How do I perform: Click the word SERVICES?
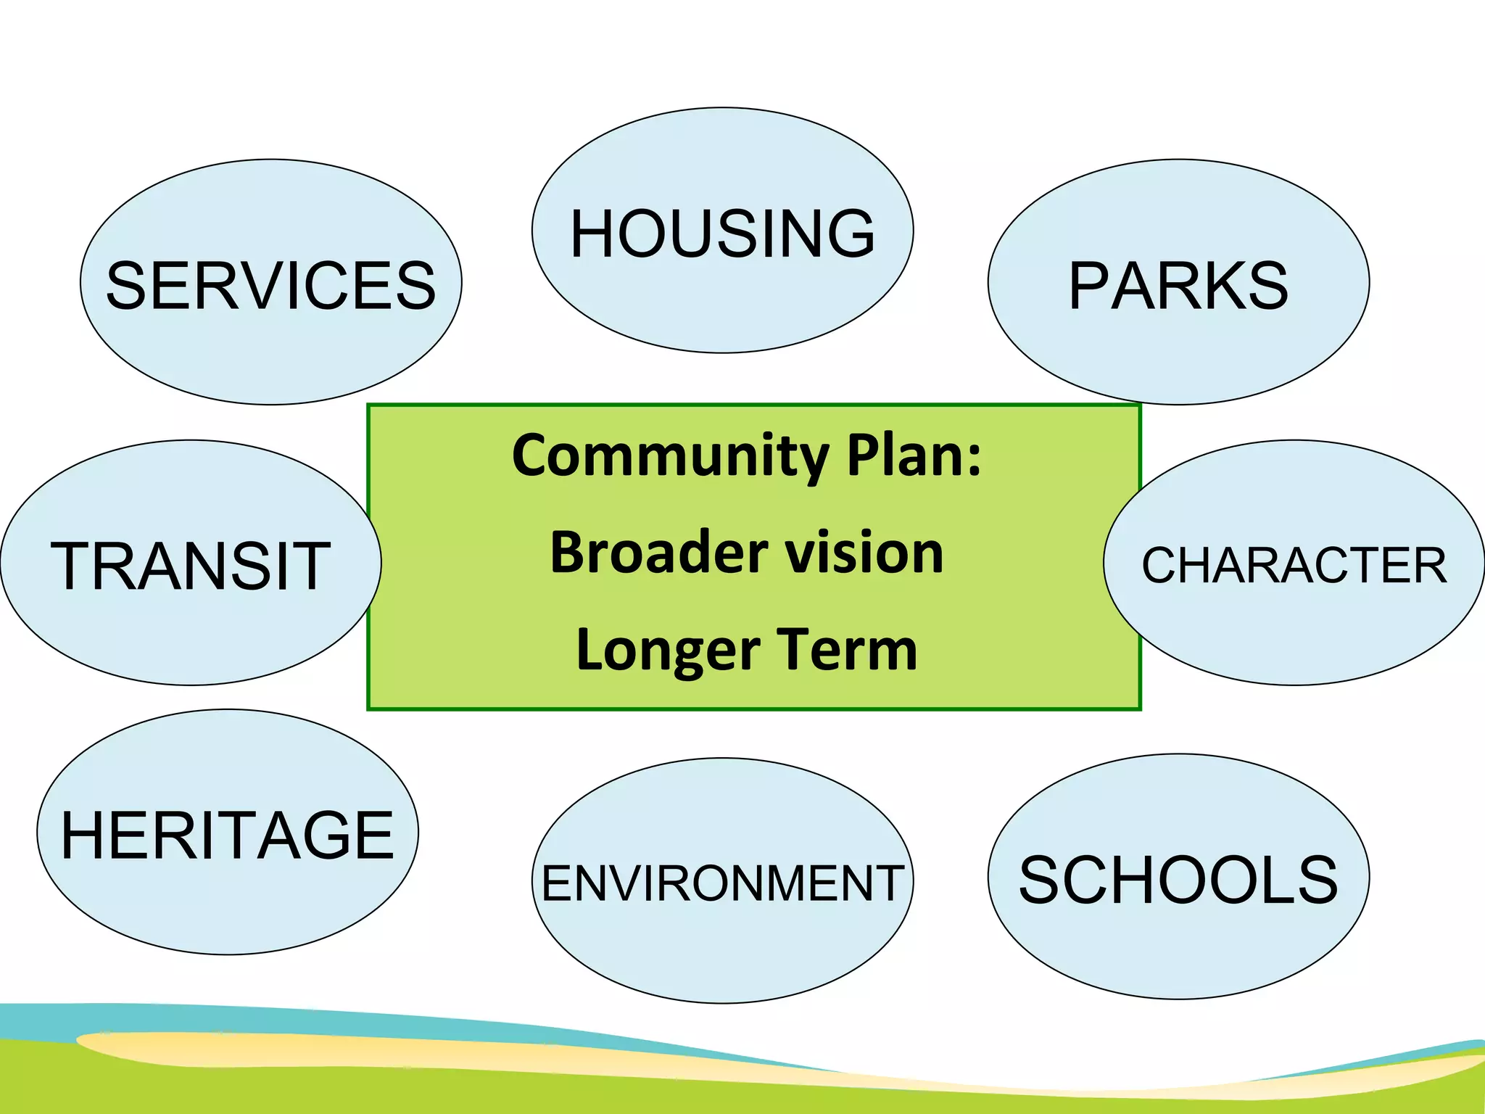[270, 286]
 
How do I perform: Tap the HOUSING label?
[722, 234]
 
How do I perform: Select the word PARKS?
[1178, 286]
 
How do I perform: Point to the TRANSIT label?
[191, 566]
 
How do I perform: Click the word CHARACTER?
[1294, 566]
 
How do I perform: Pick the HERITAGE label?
[227, 835]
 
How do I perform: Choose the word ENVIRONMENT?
[722, 883]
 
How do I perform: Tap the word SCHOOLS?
[1178, 880]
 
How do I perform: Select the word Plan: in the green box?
[914, 455]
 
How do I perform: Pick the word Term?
[847, 650]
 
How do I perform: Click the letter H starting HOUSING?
[593, 234]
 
